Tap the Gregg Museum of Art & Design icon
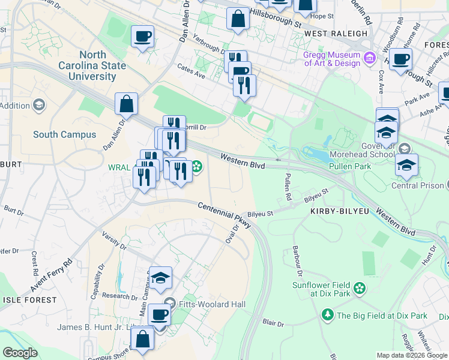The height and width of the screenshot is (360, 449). [x=370, y=58]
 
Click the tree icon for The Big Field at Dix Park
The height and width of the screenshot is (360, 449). [x=327, y=314]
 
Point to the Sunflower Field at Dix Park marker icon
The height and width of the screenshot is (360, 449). [x=359, y=289]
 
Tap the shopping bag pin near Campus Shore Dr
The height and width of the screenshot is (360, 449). [x=143, y=339]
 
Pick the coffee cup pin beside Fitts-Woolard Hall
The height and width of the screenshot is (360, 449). [x=159, y=314]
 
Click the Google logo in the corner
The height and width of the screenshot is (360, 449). [x=20, y=353]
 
